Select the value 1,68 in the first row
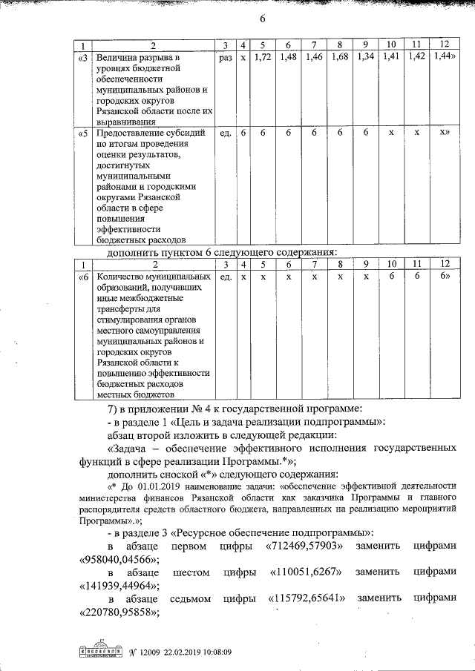tap(340, 56)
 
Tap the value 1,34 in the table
tap(365, 56)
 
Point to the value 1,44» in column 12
tap(444, 56)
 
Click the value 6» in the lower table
tap(445, 276)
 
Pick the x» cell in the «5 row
tap(445, 133)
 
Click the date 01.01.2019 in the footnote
tap(167, 485)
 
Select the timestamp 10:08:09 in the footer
tap(212, 652)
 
